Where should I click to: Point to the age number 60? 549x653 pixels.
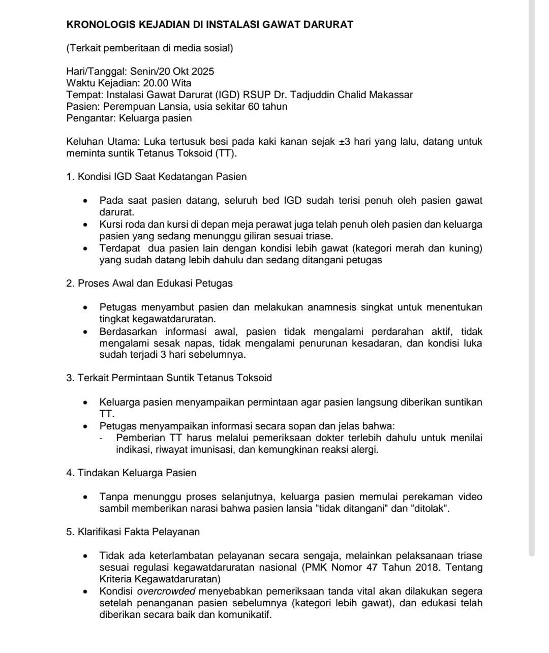(x=253, y=106)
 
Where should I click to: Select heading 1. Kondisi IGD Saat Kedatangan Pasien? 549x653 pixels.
(x=157, y=177)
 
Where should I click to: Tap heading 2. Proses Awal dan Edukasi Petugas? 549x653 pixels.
(x=149, y=284)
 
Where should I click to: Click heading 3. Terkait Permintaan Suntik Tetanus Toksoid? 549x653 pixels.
(x=169, y=378)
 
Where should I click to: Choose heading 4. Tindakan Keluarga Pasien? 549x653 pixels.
(x=131, y=473)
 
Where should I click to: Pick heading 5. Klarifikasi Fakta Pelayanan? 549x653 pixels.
(x=133, y=532)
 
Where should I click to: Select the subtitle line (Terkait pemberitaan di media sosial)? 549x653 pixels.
(x=149, y=48)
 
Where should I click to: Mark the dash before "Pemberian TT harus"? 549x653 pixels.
(x=102, y=439)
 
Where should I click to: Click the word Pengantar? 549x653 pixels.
(x=90, y=118)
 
